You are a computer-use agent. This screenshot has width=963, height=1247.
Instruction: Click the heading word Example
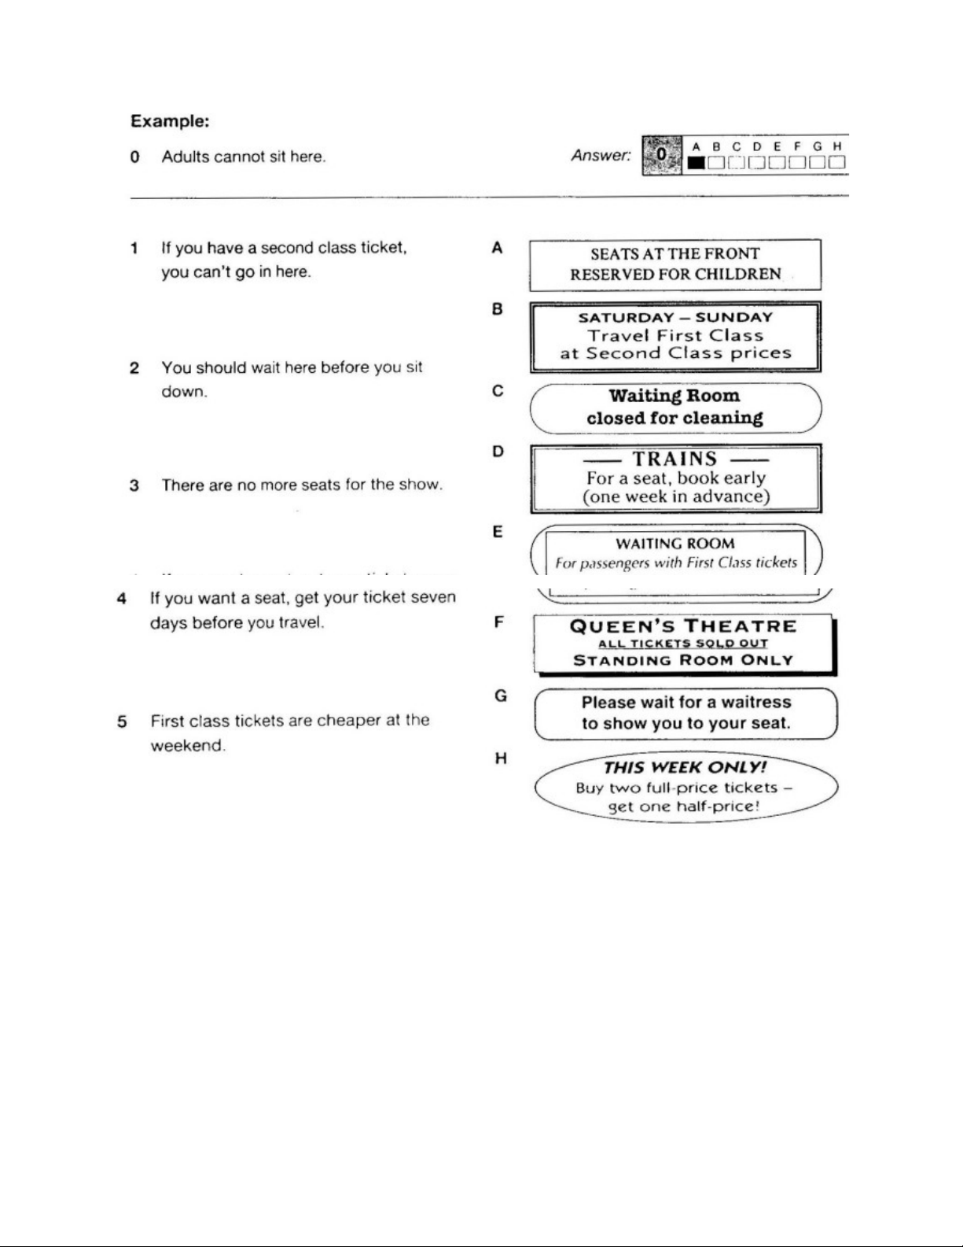[x=169, y=122]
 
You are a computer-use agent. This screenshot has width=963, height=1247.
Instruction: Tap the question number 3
[x=134, y=485]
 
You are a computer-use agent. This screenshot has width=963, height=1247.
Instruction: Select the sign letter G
[x=500, y=696]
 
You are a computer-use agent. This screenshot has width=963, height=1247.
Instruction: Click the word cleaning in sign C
[x=722, y=418]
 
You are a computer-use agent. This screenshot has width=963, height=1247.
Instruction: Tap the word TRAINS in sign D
[x=675, y=459]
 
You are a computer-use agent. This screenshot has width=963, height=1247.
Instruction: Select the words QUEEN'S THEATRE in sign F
[x=683, y=627]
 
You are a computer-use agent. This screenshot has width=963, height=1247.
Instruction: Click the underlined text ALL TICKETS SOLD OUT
[x=683, y=644]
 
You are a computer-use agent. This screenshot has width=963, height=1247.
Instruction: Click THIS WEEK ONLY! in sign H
[x=685, y=768]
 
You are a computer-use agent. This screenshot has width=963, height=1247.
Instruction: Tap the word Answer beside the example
[x=601, y=156]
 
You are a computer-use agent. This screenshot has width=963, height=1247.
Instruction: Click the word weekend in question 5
[x=188, y=746]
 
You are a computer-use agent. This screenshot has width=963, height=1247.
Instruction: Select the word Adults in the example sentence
[x=186, y=157]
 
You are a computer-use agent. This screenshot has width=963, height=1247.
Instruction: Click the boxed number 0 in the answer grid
[x=662, y=154]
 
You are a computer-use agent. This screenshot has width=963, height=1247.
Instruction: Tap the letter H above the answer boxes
[x=837, y=146]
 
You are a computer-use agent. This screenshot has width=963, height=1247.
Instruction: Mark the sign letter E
[x=498, y=533]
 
